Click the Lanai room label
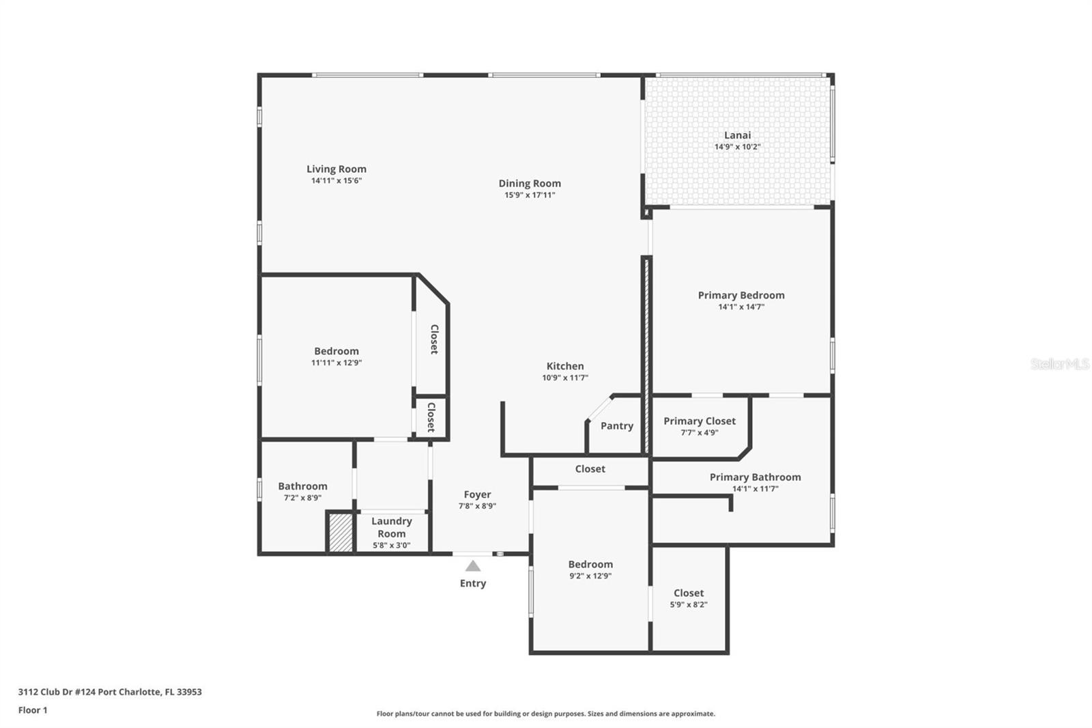pyautogui.click(x=737, y=135)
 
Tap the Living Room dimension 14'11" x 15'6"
pyautogui.click(x=336, y=181)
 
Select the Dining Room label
pyautogui.click(x=530, y=183)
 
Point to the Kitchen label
pyautogui.click(x=565, y=366)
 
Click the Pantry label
pyautogui.click(x=617, y=425)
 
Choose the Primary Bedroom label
pyautogui.click(x=741, y=295)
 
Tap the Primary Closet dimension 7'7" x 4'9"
pyautogui.click(x=700, y=433)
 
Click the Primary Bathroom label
pyautogui.click(x=755, y=477)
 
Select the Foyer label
pyautogui.click(x=477, y=494)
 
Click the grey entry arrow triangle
pyautogui.click(x=473, y=566)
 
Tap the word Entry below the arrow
pyautogui.click(x=473, y=583)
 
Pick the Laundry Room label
pyautogui.click(x=392, y=527)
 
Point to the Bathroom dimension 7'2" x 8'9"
pyautogui.click(x=302, y=498)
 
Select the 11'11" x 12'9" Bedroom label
pyautogui.click(x=336, y=351)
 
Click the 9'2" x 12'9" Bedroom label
pyautogui.click(x=590, y=564)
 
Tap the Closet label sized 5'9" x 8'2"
pyautogui.click(x=689, y=593)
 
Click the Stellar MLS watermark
pyautogui.click(x=1059, y=364)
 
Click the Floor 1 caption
pyautogui.click(x=33, y=710)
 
